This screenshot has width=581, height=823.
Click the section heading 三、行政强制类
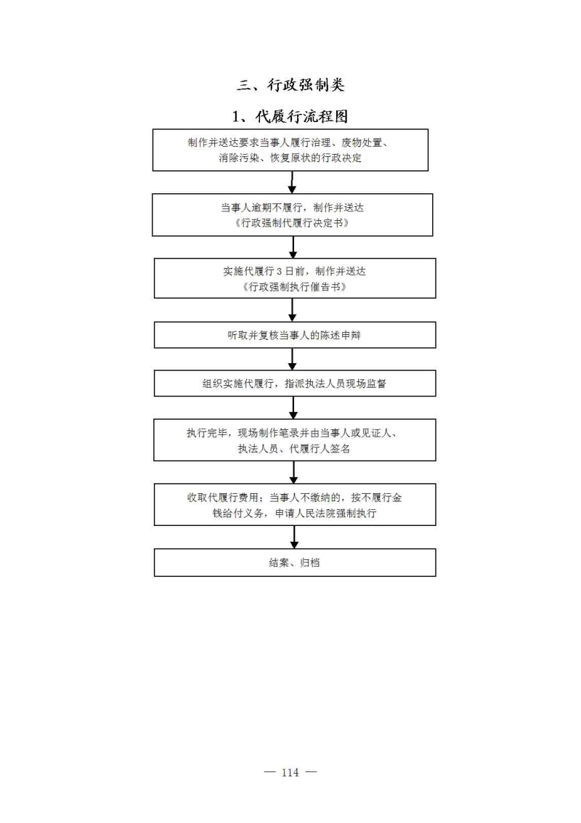tap(290, 85)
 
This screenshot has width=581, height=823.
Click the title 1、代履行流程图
tap(290, 116)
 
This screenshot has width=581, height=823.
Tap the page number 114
tap(290, 772)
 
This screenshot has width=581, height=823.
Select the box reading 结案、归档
tap(295, 563)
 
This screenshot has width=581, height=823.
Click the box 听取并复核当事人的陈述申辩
tap(295, 335)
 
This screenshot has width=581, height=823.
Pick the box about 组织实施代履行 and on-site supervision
tap(295, 383)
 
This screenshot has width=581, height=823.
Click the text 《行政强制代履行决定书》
tap(293, 223)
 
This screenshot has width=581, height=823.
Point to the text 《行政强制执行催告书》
tap(295, 287)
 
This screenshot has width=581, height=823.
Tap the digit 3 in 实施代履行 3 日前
tap(279, 272)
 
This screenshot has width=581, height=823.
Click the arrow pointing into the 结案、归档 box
tap(294, 537)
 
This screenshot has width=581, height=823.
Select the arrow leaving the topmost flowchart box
tap(293, 182)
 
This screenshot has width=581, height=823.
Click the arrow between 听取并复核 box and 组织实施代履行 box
tap(293, 359)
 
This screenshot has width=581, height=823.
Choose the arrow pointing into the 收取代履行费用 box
tap(293, 472)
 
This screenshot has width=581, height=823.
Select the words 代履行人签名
tap(320, 449)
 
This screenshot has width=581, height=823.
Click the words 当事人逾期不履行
tap(261, 208)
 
